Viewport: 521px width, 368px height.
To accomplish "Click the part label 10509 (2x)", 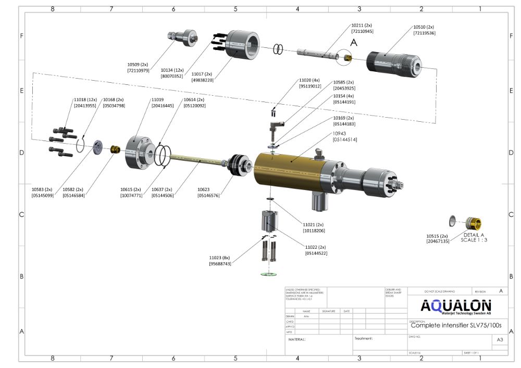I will pos(138,64).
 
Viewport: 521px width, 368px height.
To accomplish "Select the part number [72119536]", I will pos(424,33).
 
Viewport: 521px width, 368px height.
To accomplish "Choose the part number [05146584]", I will pos(73,195).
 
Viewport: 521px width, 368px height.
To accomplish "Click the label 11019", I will pos(157,99).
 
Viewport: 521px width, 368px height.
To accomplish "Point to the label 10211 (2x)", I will pos(362,25).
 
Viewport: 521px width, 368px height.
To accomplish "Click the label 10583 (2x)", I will pos(42,189).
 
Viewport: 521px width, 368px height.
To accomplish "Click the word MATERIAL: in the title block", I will pos(297,339).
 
